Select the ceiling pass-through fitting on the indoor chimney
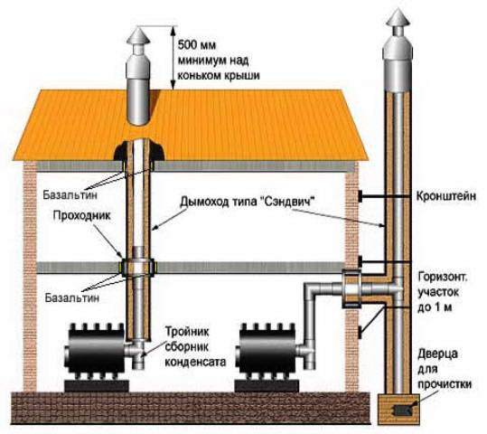[137, 268]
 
